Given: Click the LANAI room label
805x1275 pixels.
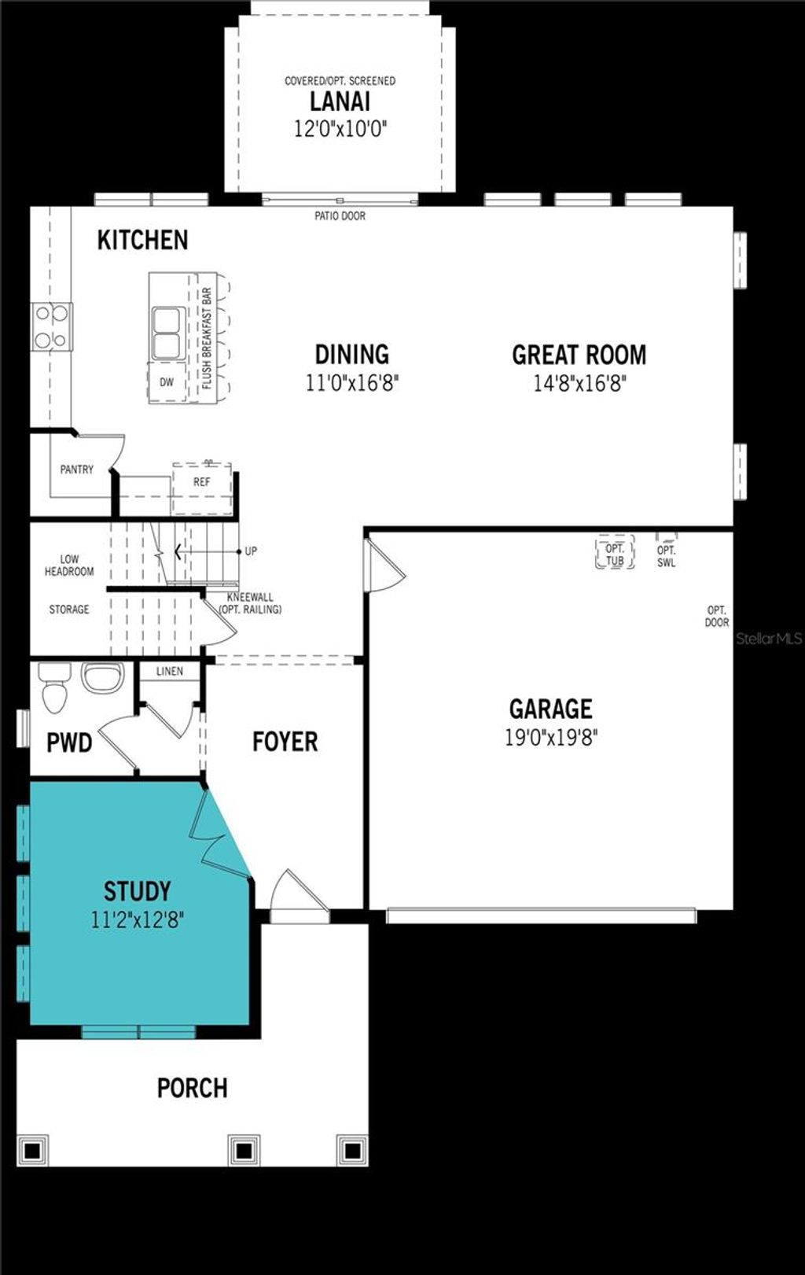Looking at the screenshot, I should (340, 101).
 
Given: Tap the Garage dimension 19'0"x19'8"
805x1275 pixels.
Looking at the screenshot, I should (551, 738).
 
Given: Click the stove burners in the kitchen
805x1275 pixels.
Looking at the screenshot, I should (51, 326).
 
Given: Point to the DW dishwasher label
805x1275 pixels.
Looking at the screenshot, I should (167, 383).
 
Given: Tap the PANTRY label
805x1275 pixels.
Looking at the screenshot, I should (76, 470).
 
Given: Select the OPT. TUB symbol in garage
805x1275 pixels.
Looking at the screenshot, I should (615, 554).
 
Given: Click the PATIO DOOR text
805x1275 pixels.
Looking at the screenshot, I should (340, 216).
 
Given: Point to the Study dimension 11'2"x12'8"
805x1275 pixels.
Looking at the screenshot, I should (138, 919).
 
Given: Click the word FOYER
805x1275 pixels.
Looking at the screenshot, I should (285, 742).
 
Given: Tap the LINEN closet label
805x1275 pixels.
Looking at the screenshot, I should (169, 671).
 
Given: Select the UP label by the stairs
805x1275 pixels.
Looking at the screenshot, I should (251, 551).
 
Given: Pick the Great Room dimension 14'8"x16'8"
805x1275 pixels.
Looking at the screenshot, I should (579, 383).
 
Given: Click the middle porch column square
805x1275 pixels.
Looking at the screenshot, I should (244, 1151).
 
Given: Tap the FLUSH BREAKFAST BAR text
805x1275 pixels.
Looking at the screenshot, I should (207, 338).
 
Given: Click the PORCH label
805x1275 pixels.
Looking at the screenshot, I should (192, 1088).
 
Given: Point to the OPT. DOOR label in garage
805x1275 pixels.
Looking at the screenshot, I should (716, 616).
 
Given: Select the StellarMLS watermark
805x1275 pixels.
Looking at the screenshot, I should (768, 639).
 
